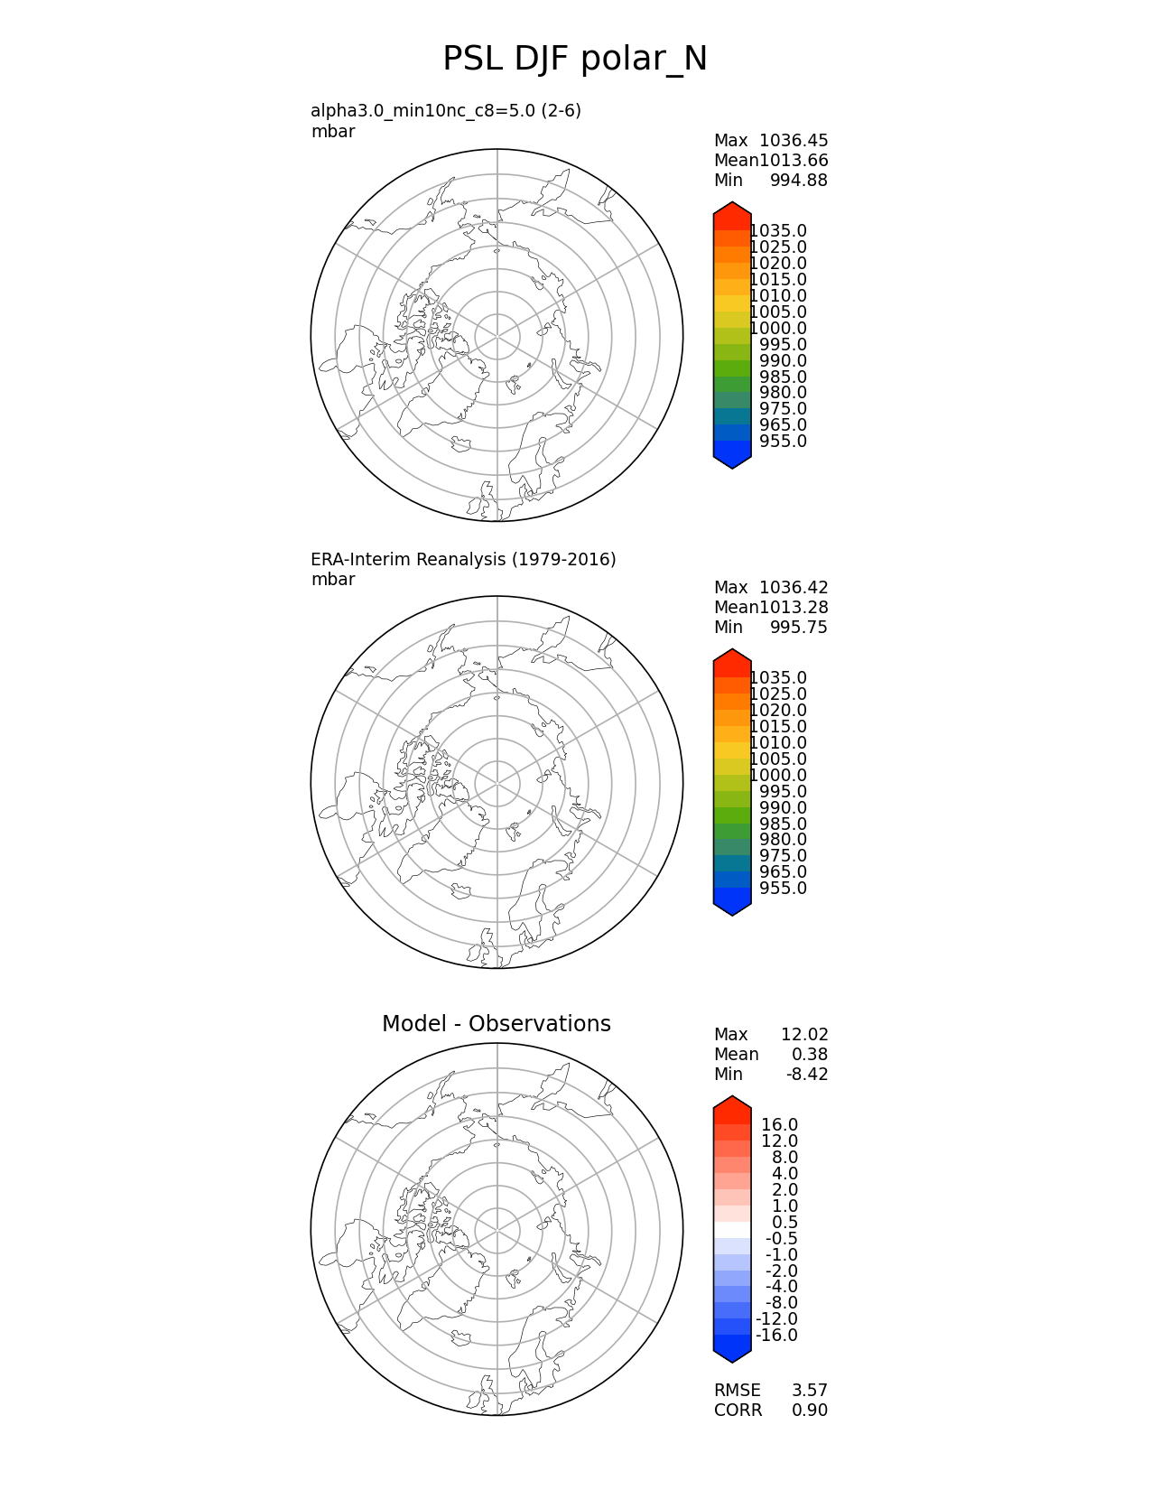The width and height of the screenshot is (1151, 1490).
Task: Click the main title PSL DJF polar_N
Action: point(575,60)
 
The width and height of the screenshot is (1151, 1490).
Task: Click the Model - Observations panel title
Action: point(496,1023)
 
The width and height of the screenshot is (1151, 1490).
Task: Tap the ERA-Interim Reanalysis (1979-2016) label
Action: point(463,559)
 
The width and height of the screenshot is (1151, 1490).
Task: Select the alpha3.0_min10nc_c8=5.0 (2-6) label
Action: point(446,110)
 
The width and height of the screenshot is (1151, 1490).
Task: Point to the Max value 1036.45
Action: point(794,140)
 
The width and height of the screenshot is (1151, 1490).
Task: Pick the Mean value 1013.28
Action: point(794,607)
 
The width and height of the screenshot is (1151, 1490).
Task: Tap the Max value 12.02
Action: point(804,1034)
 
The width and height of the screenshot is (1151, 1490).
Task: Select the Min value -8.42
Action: point(807,1074)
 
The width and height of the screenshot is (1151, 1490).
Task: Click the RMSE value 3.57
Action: point(809,1390)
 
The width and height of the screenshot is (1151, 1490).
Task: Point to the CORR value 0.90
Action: point(809,1410)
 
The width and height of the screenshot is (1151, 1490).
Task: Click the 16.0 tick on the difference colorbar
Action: point(779,1124)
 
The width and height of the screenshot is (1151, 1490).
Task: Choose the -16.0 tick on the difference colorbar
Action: point(776,1335)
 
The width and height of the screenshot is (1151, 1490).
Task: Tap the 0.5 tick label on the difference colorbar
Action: point(784,1222)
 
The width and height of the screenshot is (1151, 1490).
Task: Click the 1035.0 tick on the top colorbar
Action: point(778,231)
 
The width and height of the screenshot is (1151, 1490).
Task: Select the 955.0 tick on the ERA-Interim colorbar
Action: point(783,888)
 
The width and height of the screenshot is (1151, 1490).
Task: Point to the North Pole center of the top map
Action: point(497,335)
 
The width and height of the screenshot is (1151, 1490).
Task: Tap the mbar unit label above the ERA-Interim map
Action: point(333,579)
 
